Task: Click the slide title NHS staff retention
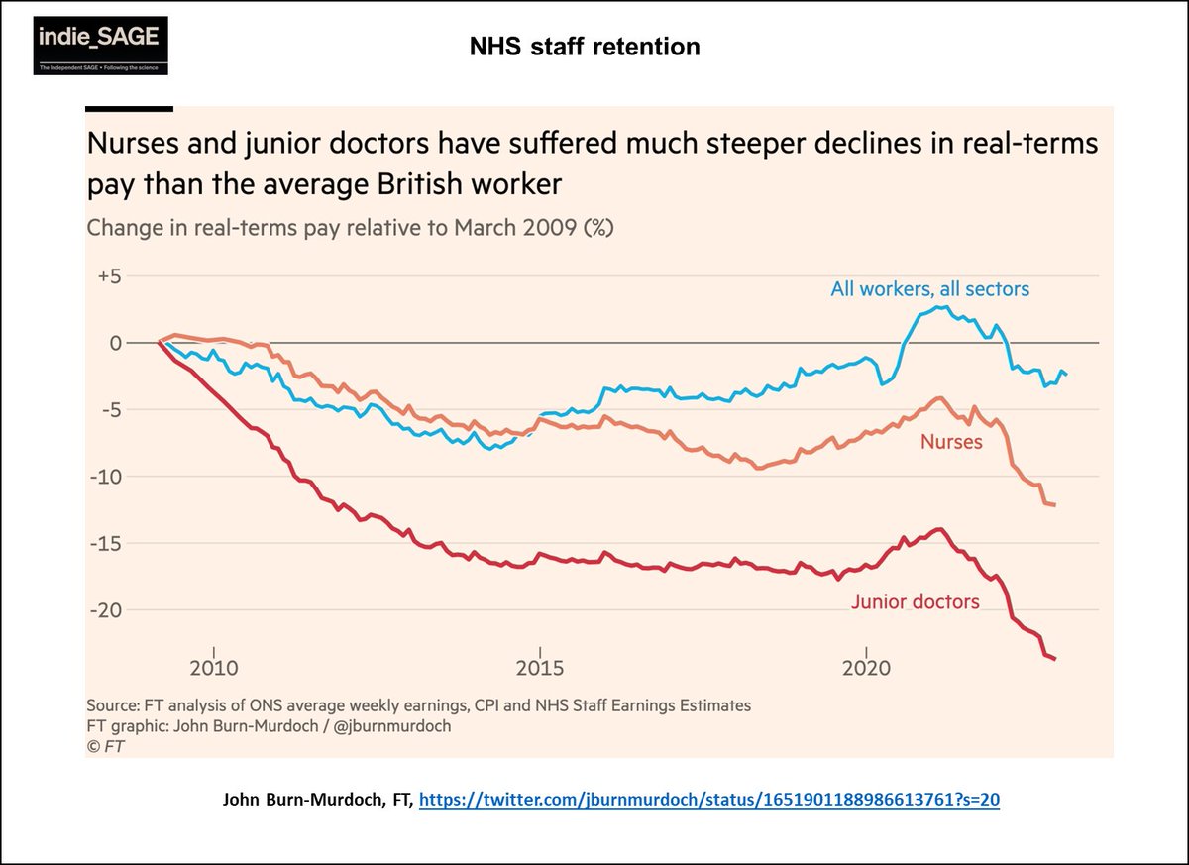click(x=585, y=46)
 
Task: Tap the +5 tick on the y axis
click(x=105, y=276)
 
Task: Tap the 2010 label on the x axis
click(x=213, y=666)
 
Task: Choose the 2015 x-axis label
click(x=540, y=666)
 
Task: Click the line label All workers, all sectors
click(x=929, y=289)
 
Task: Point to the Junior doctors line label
click(x=915, y=601)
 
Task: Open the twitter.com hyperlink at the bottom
click(x=708, y=800)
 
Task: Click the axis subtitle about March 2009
click(x=351, y=228)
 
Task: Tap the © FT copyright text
click(x=106, y=745)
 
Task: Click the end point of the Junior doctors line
click(x=1054, y=659)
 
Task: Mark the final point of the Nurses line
click(x=1054, y=505)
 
